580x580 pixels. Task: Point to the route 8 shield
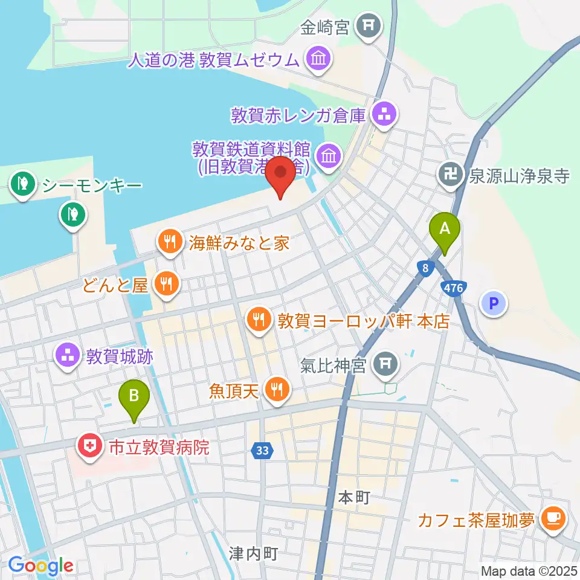pyautogui.click(x=426, y=268)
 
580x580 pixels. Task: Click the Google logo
pyautogui.click(x=40, y=565)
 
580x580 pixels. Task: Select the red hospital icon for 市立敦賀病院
pyautogui.click(x=89, y=447)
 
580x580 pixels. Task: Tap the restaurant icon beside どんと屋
pyautogui.click(x=164, y=283)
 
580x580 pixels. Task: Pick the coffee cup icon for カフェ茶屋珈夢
pyautogui.click(x=553, y=518)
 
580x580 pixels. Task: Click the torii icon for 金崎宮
pyautogui.click(x=368, y=25)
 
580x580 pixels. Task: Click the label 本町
pyautogui.click(x=353, y=498)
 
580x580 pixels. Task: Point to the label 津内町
pyautogui.click(x=253, y=553)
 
